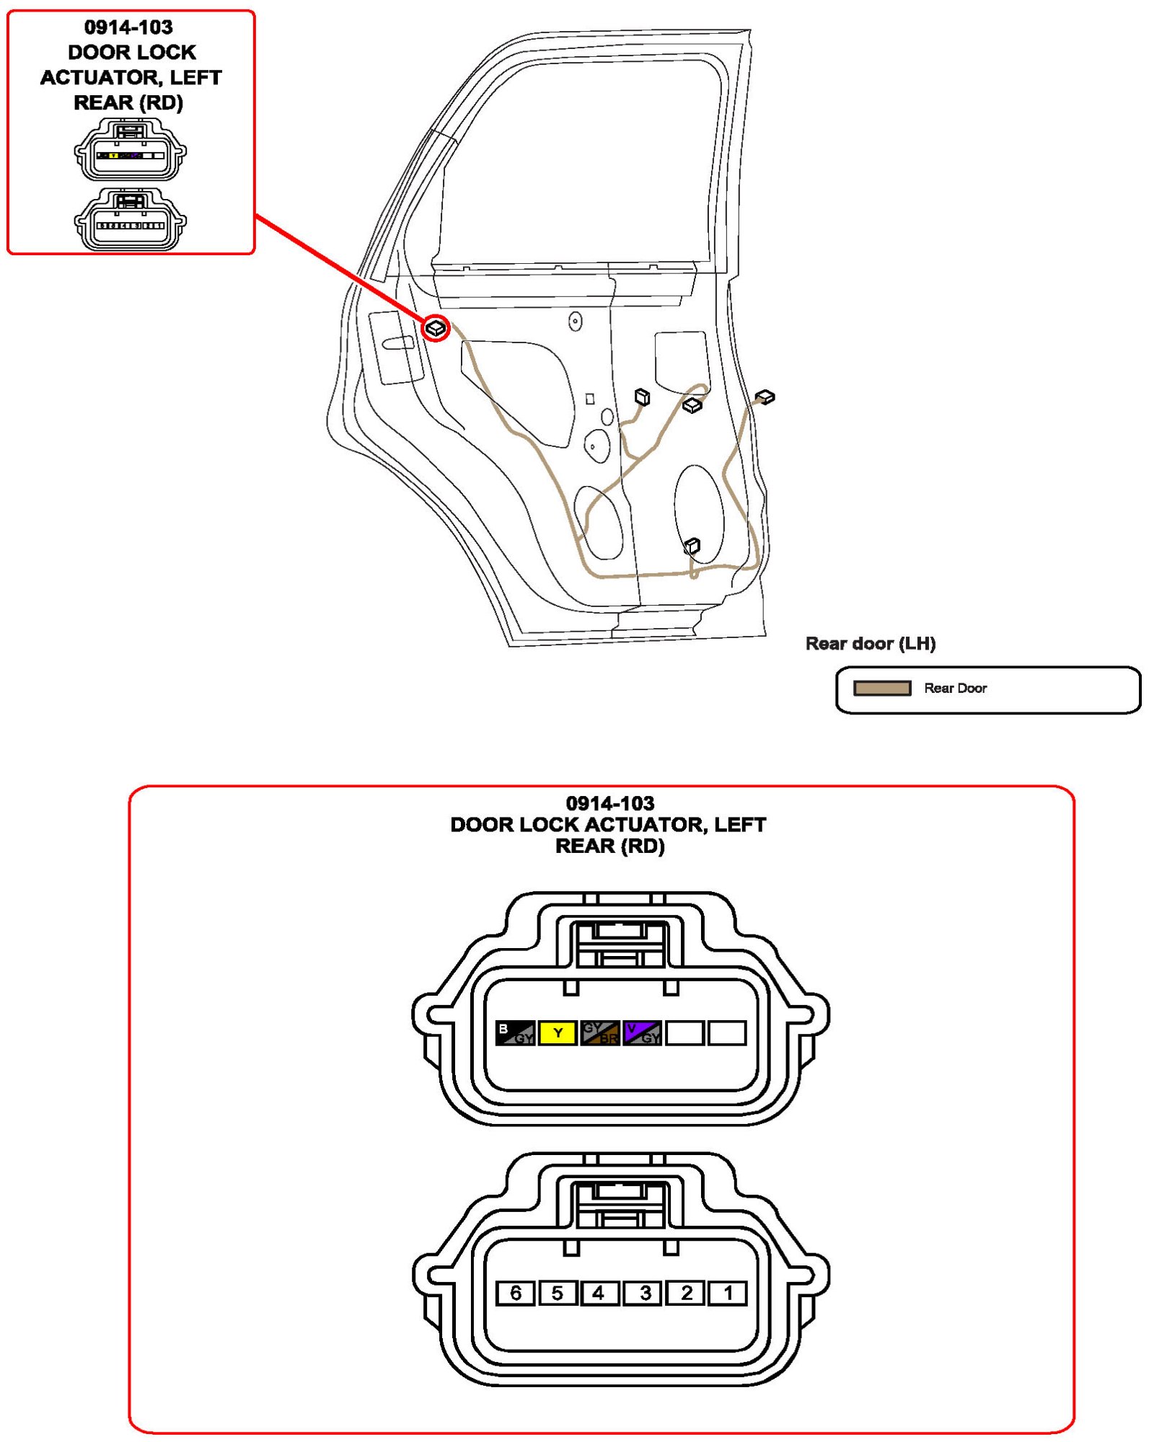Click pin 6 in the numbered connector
click(515, 1293)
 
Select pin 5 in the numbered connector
click(557, 1293)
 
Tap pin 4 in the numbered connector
click(599, 1293)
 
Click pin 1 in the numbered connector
click(727, 1293)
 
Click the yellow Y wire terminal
click(558, 1032)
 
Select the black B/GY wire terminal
click(515, 1032)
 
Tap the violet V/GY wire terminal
click(642, 1032)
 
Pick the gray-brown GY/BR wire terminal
click(599, 1032)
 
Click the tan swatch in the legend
click(881, 688)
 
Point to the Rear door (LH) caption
click(870, 643)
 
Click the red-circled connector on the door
click(436, 329)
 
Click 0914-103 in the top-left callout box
click(128, 27)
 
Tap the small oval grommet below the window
click(575, 321)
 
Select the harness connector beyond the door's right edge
click(765, 397)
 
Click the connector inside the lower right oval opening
click(692, 546)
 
